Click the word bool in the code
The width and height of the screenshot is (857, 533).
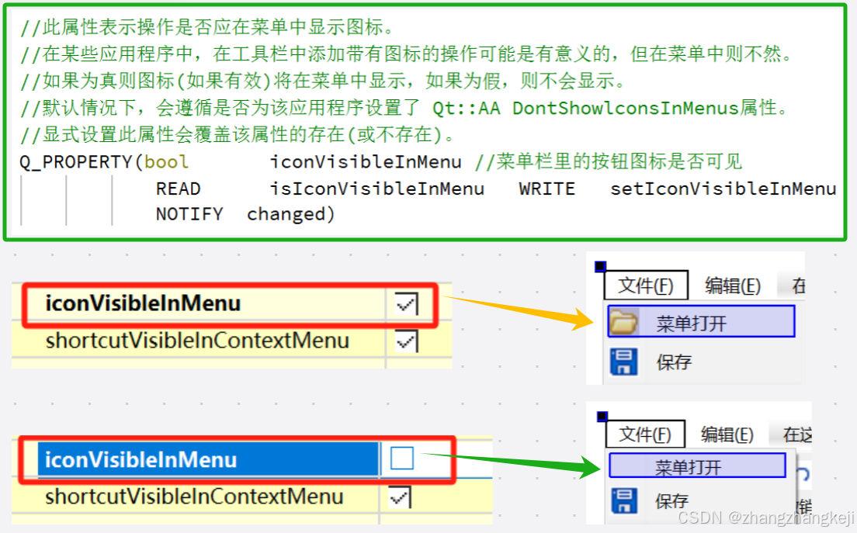[x=166, y=162]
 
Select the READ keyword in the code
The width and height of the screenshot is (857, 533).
[x=178, y=189]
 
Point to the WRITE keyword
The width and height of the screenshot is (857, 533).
[x=546, y=189]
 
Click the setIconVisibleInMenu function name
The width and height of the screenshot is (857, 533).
[x=723, y=189]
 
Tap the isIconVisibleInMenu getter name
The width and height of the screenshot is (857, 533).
[x=376, y=189]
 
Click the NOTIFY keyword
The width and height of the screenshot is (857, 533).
[x=189, y=214]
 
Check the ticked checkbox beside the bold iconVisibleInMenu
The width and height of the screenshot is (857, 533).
[x=405, y=304]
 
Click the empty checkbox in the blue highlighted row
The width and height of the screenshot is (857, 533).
[x=402, y=459]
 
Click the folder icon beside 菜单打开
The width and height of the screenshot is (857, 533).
[x=623, y=322]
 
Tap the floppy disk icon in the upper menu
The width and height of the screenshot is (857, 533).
[x=624, y=362]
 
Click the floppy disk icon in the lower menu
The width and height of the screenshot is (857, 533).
[x=623, y=500]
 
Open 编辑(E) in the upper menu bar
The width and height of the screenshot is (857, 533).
[x=732, y=286]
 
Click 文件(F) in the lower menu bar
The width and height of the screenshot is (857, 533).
[x=644, y=434]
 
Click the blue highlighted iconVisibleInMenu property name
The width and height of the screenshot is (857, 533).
[x=141, y=460]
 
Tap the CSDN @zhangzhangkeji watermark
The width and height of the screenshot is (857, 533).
[x=765, y=517]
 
